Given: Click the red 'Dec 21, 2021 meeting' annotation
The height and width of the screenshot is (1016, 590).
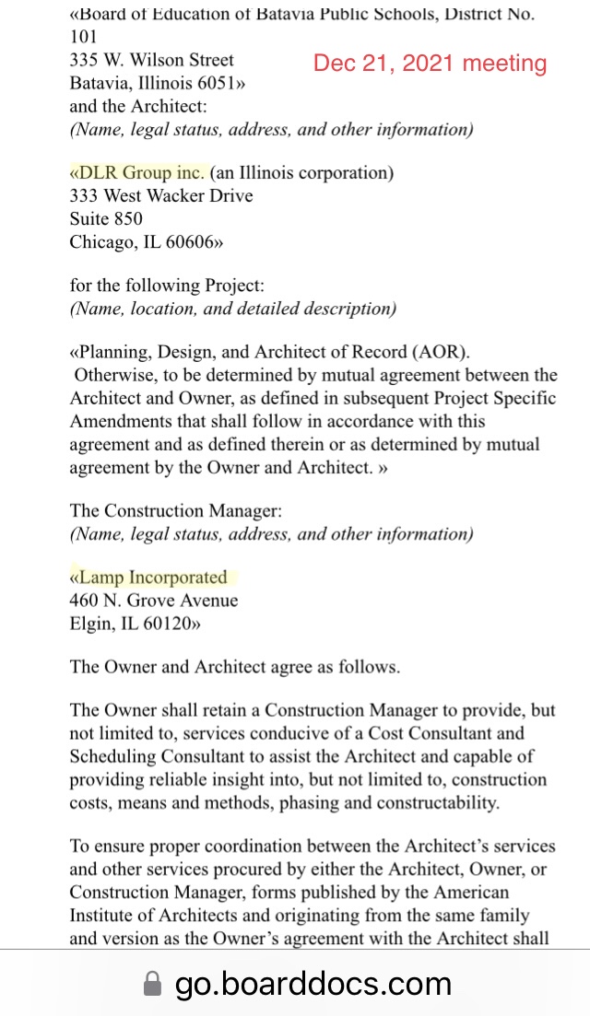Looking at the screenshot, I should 430,64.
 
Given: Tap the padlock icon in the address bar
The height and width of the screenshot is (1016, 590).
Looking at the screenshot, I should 152,985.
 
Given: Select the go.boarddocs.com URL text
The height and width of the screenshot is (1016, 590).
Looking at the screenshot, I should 313,984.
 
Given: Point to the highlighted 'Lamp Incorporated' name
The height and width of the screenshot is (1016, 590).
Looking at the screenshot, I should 152,578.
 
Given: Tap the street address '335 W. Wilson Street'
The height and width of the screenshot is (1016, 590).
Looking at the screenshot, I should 152,60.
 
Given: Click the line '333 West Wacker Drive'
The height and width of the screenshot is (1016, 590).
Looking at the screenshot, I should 161,195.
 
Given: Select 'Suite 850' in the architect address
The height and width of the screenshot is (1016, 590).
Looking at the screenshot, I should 106,219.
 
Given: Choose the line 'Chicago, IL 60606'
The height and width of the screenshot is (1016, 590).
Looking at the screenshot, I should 146,242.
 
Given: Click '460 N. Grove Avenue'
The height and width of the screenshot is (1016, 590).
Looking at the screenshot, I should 154,601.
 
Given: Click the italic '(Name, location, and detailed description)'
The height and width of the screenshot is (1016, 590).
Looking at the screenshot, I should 233,309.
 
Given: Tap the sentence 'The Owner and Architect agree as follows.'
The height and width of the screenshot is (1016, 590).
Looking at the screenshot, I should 235,667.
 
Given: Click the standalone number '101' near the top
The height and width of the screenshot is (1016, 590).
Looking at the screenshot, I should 83,37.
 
